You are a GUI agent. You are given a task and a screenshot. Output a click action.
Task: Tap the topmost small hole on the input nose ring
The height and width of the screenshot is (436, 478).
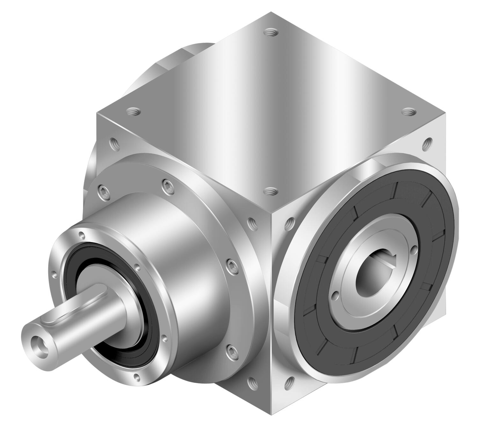coord(82,235)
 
